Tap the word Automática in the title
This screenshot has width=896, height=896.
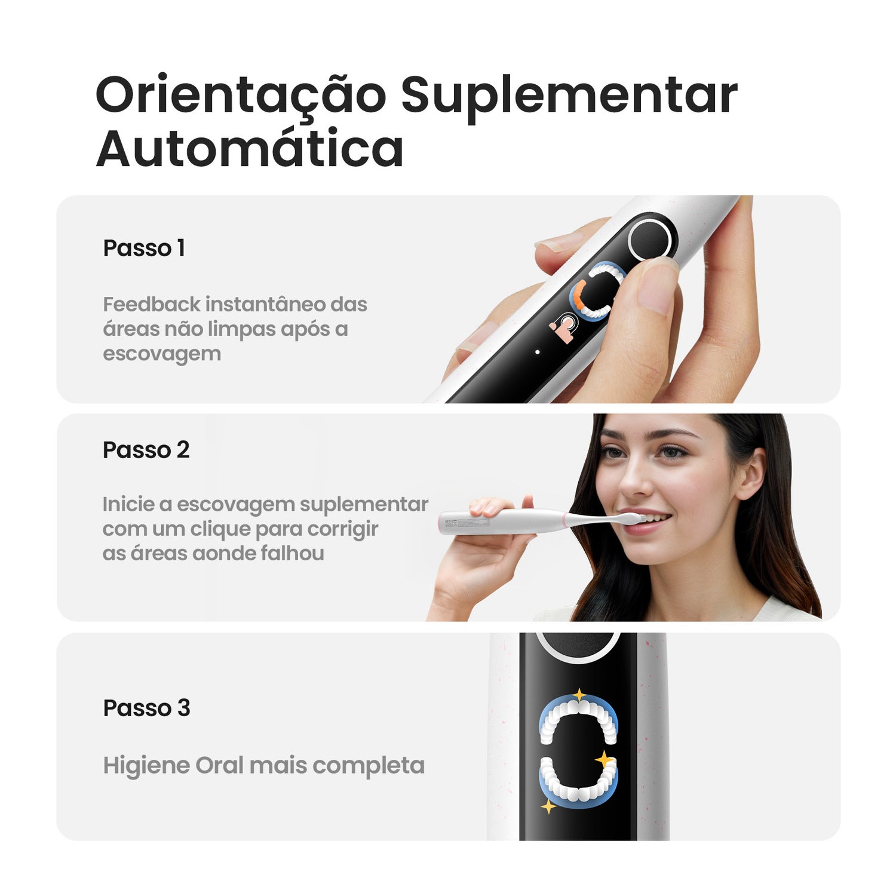click(250, 148)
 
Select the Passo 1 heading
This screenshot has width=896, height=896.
click(144, 248)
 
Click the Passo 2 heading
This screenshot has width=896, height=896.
click(146, 450)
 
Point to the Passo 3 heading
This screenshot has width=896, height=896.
click(146, 708)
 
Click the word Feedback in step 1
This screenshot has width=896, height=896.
click(152, 304)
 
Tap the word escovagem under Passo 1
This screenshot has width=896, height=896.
click(162, 354)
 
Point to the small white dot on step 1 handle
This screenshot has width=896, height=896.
click(538, 352)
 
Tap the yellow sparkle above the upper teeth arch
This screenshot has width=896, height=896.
click(579, 695)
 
